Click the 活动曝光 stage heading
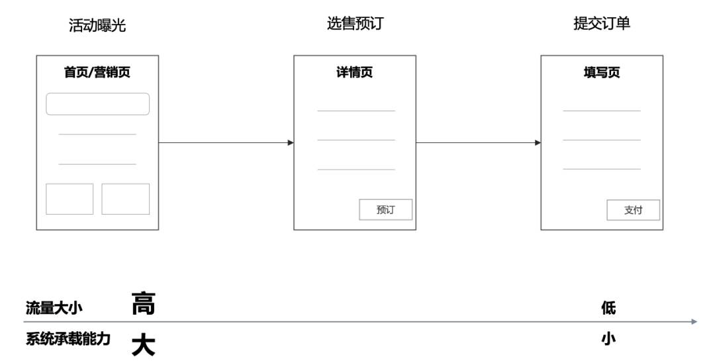(97, 25)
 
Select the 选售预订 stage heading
(356, 23)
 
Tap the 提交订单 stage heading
(602, 23)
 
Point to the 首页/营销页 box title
(97, 72)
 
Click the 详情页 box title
(355, 72)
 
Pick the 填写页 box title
(602, 72)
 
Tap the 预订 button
(386, 209)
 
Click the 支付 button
(634, 210)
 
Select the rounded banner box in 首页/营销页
(97, 104)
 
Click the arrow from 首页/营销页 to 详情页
(226, 143)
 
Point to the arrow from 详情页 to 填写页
(479, 143)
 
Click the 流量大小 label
(54, 308)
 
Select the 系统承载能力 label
(68, 338)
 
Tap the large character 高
(144, 303)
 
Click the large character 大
(144, 345)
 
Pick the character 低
(609, 308)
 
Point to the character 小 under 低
(609, 338)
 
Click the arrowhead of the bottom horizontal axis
(694, 322)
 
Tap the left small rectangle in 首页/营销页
(70, 199)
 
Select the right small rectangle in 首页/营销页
(125, 199)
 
